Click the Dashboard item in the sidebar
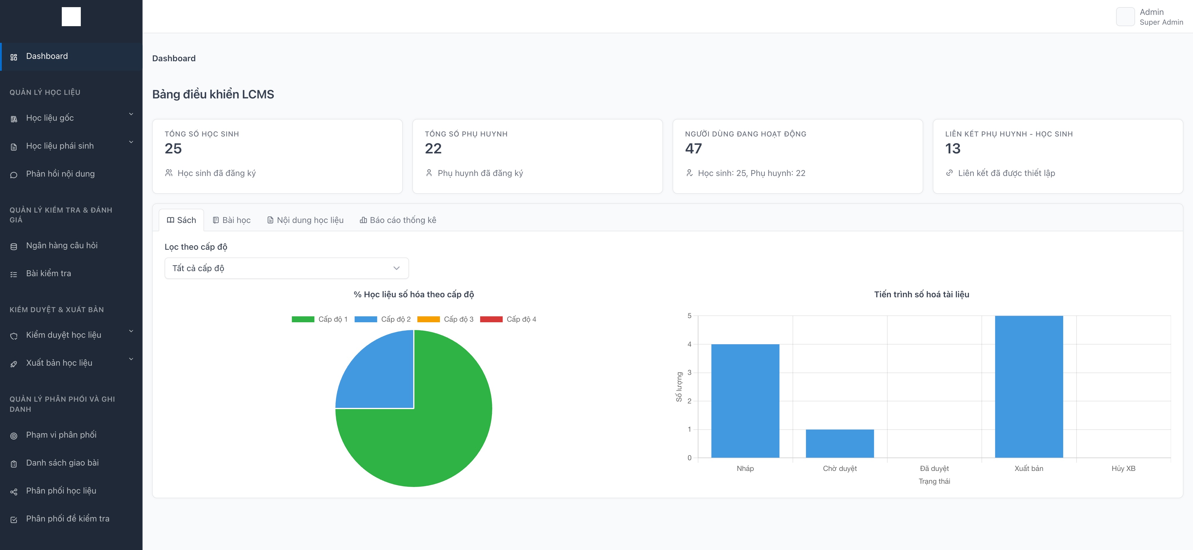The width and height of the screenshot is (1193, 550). point(47,56)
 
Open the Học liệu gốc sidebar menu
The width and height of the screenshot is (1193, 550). point(50,118)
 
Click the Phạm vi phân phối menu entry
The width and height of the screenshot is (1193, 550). point(61,435)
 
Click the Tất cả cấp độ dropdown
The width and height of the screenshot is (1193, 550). point(286,268)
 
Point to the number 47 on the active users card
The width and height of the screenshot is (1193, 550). point(693,148)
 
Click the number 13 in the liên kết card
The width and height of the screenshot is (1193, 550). point(953,148)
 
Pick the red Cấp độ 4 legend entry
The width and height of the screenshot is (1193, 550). point(508,319)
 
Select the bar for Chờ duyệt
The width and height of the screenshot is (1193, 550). point(839,444)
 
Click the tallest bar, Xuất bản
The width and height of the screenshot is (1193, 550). point(1029,387)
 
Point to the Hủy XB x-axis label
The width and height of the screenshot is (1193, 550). point(1123,469)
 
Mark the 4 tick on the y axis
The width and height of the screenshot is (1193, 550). point(689,344)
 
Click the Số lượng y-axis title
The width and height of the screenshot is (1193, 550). point(679,387)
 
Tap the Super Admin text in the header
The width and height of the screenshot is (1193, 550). point(1161,22)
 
